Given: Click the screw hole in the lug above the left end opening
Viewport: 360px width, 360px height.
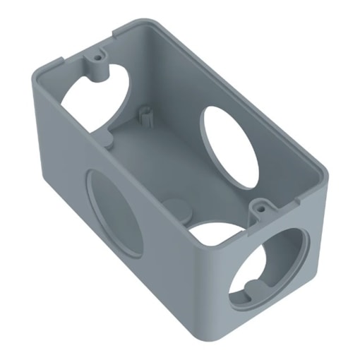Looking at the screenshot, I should [94, 54].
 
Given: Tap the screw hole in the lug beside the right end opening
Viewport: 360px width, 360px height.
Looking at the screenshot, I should [262, 209].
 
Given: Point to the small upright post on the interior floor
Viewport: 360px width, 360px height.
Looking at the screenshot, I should [147, 113].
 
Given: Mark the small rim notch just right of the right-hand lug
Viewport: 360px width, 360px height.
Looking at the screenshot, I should [282, 212].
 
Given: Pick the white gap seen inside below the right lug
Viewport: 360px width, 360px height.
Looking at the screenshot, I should [215, 233].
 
